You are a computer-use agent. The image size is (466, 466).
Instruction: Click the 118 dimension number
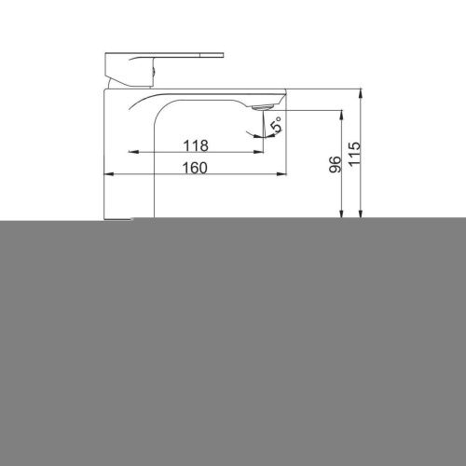tap(196, 145)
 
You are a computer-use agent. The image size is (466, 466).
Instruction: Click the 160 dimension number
tap(195, 168)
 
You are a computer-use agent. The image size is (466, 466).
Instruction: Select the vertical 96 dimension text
tap(335, 164)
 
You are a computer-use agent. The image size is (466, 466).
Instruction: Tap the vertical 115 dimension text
tap(354, 154)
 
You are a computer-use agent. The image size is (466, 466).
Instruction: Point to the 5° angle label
tap(276, 124)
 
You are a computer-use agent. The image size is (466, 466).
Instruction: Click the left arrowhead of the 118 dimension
tap(133, 152)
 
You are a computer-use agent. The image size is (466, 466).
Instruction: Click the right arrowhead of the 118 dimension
tap(258, 152)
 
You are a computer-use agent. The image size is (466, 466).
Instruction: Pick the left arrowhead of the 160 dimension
tap(109, 174)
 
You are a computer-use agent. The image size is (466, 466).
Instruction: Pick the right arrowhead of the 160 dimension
tap(281, 174)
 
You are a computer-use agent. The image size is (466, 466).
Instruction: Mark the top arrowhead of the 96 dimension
tap(342, 116)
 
